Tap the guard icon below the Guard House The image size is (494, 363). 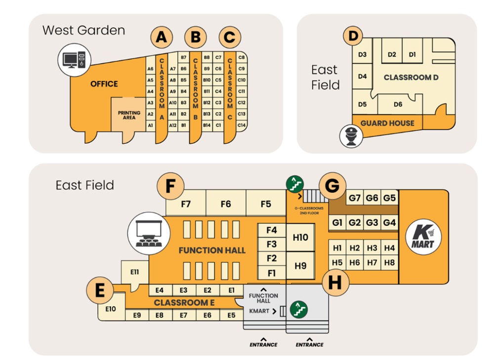(350, 136)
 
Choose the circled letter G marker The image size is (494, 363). (332, 186)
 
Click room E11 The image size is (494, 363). (134, 272)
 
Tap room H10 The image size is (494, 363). (300, 237)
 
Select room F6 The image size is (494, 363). (226, 203)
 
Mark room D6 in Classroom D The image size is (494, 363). (398, 104)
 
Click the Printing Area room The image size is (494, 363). (129, 116)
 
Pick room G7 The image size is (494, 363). (355, 198)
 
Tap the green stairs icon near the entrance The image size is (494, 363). (299, 310)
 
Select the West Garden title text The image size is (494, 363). (83, 30)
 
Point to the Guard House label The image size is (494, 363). (387, 123)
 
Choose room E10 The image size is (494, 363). (111, 309)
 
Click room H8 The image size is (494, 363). (389, 263)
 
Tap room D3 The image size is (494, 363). (362, 54)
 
